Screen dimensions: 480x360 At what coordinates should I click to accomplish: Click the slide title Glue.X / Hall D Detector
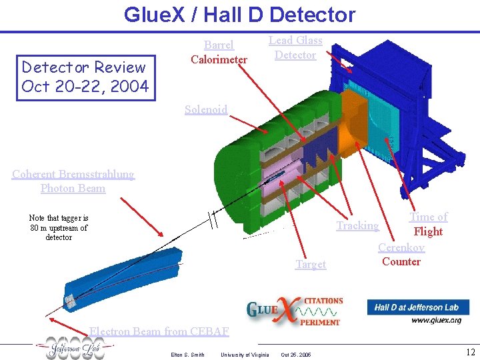coord(239,15)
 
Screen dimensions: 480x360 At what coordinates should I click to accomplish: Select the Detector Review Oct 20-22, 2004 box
coord(84,77)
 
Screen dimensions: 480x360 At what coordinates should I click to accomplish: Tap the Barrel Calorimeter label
coord(219,52)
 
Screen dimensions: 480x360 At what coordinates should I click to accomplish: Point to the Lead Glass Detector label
coord(295,47)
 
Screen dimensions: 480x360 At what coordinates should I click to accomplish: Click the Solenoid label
coord(206,109)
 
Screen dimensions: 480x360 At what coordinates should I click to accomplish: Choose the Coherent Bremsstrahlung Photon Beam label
coord(73,181)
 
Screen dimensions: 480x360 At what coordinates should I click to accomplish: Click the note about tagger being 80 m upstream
coord(59,227)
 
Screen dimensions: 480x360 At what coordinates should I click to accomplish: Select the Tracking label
coord(357,225)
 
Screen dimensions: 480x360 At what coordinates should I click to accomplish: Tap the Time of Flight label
coord(428,224)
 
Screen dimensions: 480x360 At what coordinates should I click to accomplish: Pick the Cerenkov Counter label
coord(401,254)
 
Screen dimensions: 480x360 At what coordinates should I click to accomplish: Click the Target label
coord(311,264)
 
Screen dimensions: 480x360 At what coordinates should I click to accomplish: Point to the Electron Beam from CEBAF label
coord(159,331)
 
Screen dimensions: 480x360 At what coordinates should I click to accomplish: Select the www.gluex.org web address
coord(436,320)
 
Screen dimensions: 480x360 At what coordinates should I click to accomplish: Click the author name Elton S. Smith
coord(188,354)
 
